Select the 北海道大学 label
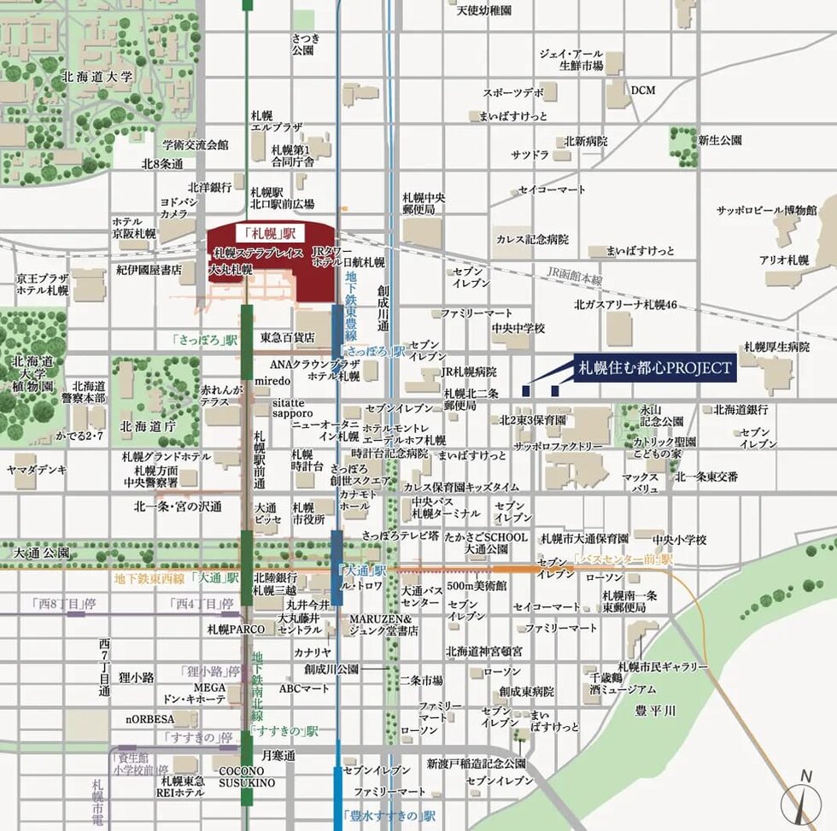(x=97, y=77)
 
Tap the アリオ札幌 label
(x=783, y=260)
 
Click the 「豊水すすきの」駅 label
(x=380, y=816)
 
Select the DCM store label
(x=642, y=90)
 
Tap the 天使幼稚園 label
(x=483, y=11)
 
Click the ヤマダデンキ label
(x=37, y=470)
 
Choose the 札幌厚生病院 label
(x=776, y=347)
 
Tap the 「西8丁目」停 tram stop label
(x=61, y=604)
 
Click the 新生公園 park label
(x=719, y=140)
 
